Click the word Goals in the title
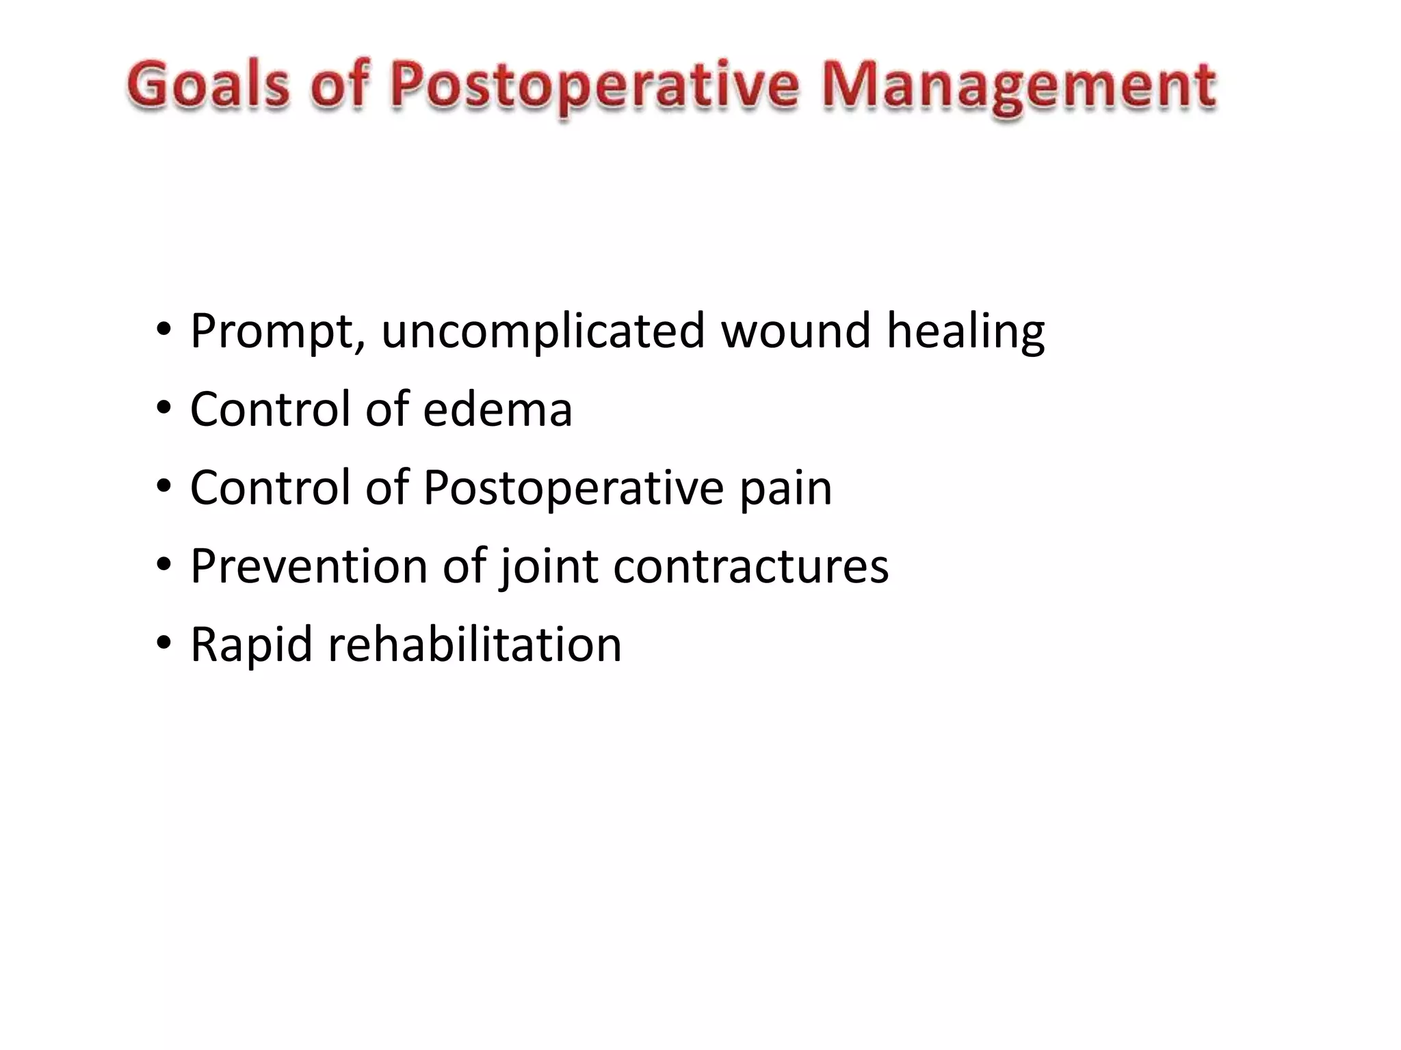coord(208,85)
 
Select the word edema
coord(497,409)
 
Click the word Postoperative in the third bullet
coord(574,489)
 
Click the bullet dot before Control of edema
coord(163,409)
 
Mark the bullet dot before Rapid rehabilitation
coord(163,643)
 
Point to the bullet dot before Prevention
coord(163,565)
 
